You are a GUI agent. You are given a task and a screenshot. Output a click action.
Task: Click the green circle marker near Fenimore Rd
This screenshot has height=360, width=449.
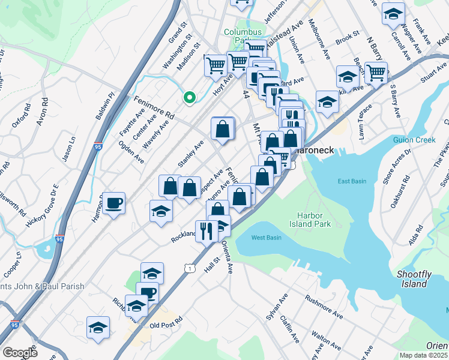pyautogui.click(x=190, y=97)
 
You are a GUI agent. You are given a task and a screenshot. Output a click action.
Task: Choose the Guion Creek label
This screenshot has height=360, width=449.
pyautogui.click(x=414, y=140)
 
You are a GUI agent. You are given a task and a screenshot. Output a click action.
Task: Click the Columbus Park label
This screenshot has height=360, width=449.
pyautogui.click(x=243, y=36)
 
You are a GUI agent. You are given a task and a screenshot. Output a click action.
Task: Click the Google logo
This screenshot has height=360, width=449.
pyautogui.click(x=20, y=353)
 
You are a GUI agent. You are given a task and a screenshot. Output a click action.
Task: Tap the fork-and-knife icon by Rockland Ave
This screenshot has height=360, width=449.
pyautogui.click(x=206, y=230)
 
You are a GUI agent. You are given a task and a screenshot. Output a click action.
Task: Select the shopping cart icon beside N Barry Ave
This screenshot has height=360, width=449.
pyautogui.click(x=376, y=73)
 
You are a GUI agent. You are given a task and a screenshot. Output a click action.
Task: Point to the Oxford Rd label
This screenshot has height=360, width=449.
pyautogui.click(x=20, y=116)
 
